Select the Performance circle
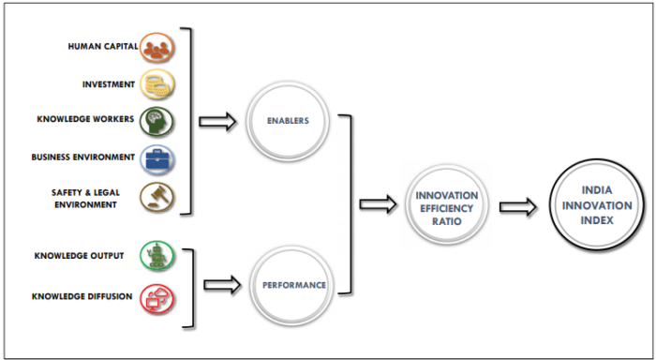[289, 283]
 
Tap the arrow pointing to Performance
[222, 281]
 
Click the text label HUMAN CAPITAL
[101, 46]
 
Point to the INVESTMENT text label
[108, 83]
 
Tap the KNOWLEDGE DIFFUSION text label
[83, 298]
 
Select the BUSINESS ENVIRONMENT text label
[82, 157]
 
